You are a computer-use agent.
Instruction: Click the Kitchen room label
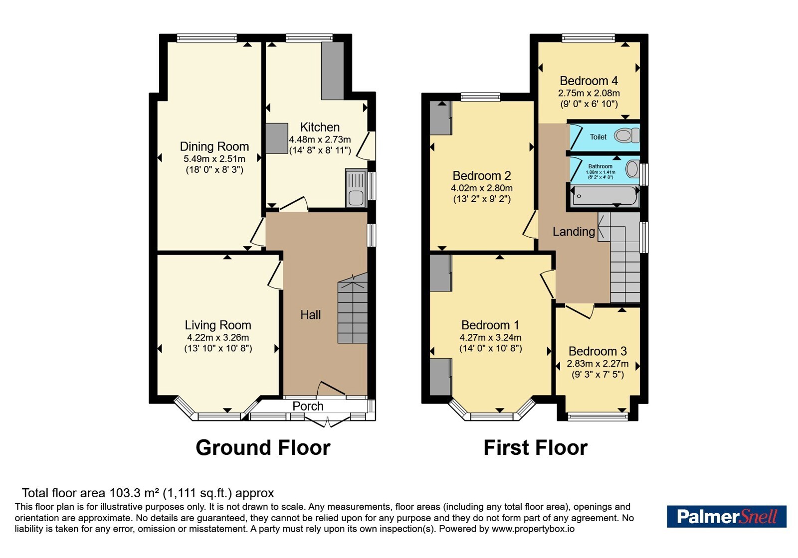click(x=320, y=127)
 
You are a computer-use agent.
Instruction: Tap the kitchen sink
click(x=356, y=188)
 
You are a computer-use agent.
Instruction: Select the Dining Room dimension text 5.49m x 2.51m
click(x=214, y=159)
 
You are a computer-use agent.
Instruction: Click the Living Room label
click(x=218, y=325)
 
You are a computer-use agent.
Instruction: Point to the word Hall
click(x=310, y=314)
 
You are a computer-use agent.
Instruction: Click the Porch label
click(x=308, y=406)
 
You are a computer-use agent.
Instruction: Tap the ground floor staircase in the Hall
click(x=352, y=308)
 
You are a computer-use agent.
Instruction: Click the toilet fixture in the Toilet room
click(x=627, y=136)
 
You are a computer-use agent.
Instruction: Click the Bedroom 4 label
click(x=589, y=81)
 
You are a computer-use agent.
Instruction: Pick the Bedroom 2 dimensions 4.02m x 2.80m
click(x=482, y=188)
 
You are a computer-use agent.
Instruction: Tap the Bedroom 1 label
click(x=490, y=325)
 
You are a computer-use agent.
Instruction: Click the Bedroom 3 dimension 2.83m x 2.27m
click(x=598, y=364)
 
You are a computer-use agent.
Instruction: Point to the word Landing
click(x=574, y=232)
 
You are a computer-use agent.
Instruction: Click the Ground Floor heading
click(x=263, y=448)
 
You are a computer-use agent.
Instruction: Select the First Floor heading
click(x=536, y=448)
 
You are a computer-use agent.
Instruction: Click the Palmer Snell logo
click(x=726, y=516)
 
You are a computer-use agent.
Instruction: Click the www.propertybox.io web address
click(x=533, y=529)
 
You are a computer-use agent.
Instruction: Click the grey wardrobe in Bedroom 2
click(x=441, y=118)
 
